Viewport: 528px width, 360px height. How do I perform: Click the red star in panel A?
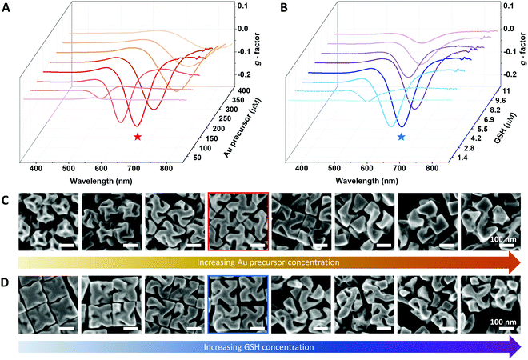coord(138,138)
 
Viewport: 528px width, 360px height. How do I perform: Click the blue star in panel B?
coord(402,138)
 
